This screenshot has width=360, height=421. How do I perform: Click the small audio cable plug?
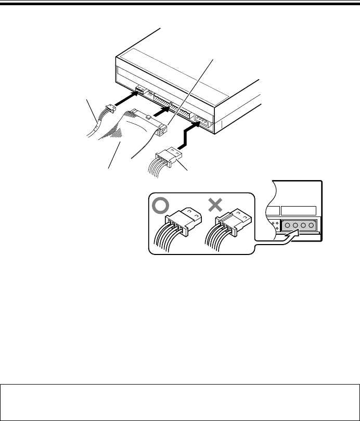point(108,111)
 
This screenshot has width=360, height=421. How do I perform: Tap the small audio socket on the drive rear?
point(139,90)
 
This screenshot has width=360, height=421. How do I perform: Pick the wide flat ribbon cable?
point(117,141)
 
